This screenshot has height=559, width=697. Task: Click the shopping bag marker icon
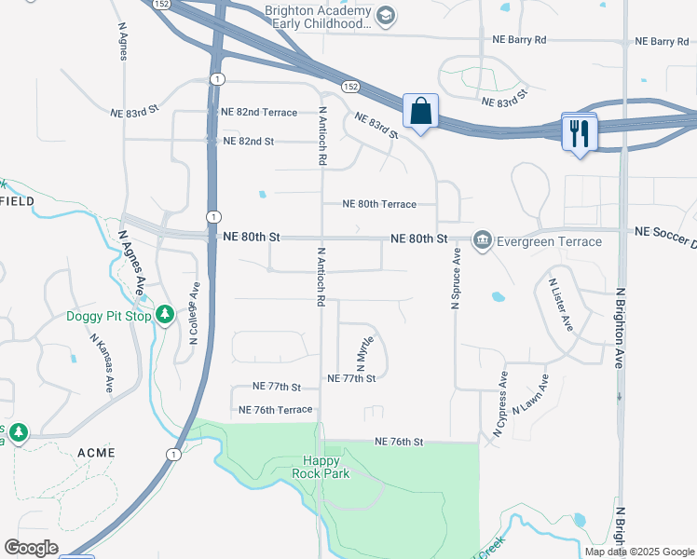point(421,111)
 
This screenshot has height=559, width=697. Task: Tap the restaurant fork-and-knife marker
point(581,133)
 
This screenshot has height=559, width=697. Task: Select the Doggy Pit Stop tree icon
point(165,316)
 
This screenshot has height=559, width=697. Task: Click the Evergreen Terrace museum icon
point(482,241)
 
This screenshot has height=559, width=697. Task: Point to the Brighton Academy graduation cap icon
point(385,15)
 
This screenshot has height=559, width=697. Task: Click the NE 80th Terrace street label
point(378,204)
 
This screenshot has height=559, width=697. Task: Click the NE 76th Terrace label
point(275,410)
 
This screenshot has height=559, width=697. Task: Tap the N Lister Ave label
point(560,305)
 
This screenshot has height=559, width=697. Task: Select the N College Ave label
point(195,314)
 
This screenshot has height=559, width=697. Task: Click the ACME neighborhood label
point(96,453)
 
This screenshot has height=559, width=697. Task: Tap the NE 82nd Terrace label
point(259,112)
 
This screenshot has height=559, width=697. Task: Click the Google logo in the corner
point(31,548)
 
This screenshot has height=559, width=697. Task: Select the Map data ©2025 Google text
point(639,552)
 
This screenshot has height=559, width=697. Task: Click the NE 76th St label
point(399,442)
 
